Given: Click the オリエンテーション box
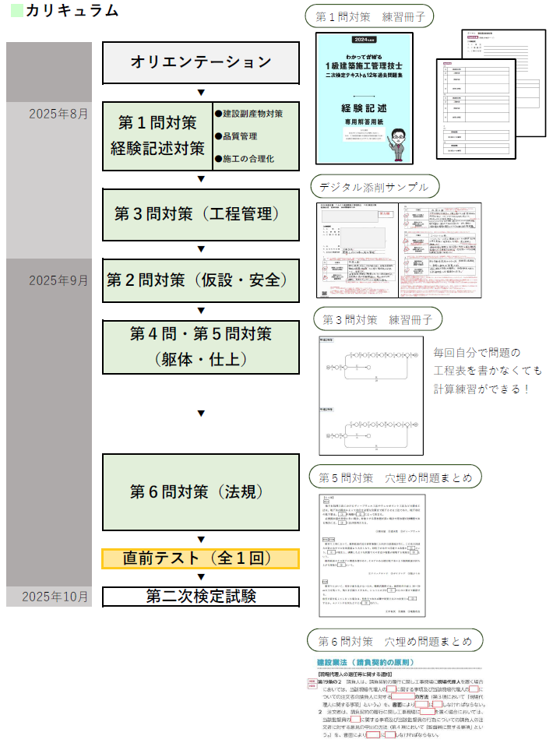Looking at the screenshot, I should click(201, 62).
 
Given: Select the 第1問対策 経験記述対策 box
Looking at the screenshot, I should click(158, 136).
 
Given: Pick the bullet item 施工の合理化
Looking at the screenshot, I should click(248, 159).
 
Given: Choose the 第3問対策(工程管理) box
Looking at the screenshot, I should click(201, 214).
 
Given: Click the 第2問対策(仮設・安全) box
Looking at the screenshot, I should click(201, 280).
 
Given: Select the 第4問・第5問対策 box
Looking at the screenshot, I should click(201, 347).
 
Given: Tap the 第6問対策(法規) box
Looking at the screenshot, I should click(201, 492).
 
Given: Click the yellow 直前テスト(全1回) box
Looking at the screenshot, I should click(201, 558).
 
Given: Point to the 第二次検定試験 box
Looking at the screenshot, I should click(201, 596).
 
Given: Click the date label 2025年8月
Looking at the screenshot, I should click(58, 114).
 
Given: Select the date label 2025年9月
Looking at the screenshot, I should click(58, 280).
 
